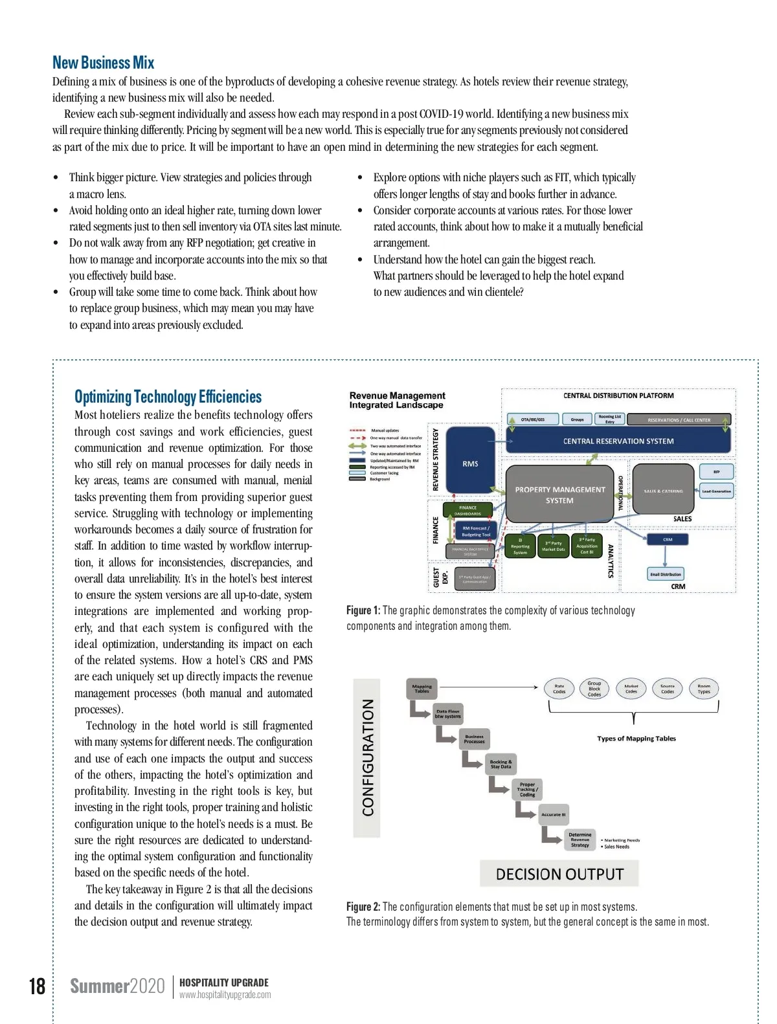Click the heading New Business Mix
click(x=103, y=63)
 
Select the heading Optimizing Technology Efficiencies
click(x=168, y=397)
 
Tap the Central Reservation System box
click(x=618, y=441)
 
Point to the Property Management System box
click(x=559, y=494)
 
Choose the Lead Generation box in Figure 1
click(x=716, y=491)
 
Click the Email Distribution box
click(x=666, y=573)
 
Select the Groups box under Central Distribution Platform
click(x=577, y=419)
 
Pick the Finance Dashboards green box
click(x=467, y=510)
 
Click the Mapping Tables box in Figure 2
click(x=422, y=689)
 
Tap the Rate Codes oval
click(x=559, y=689)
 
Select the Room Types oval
click(x=704, y=689)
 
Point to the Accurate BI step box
click(x=554, y=814)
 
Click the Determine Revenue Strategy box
click(x=580, y=840)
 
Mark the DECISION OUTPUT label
click(x=559, y=874)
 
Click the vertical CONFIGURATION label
click(x=368, y=757)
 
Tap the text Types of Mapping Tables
click(x=636, y=738)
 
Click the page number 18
click(x=37, y=986)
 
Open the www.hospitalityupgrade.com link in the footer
click(x=225, y=995)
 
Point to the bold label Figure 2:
click(x=363, y=906)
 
